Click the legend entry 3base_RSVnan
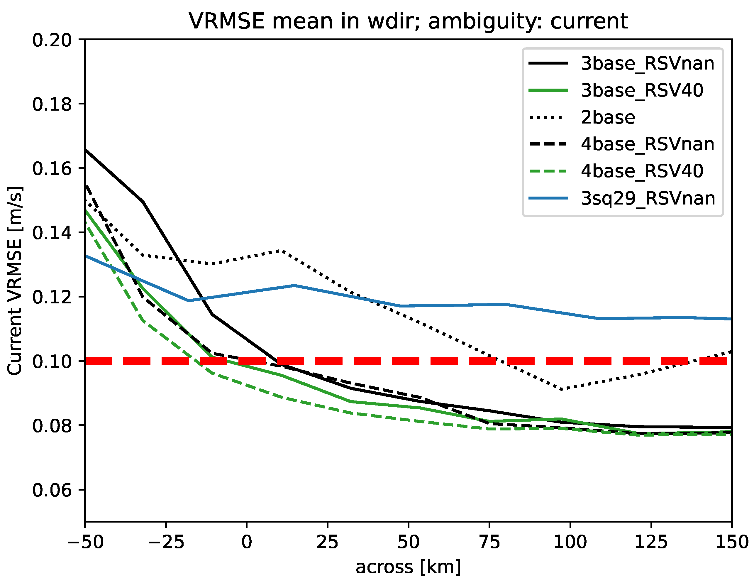[647, 64]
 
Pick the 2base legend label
[608, 117]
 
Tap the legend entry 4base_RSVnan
[647, 144]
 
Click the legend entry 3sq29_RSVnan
[648, 198]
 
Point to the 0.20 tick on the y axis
[52, 40]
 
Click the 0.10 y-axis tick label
[52, 361]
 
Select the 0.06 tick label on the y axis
[52, 490]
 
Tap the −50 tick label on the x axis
[85, 542]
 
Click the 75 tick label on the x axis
[489, 542]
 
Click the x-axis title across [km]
[408, 567]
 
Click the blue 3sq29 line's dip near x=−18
[189, 300]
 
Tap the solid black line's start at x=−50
[86, 150]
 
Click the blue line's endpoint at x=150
[731, 319]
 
